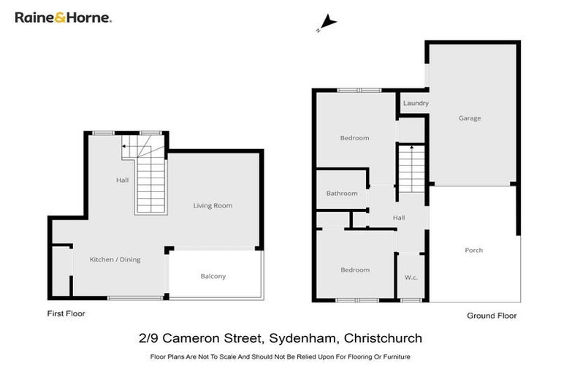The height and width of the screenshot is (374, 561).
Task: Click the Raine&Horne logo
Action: pos(64,17)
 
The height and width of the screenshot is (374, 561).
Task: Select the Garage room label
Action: pos(470,118)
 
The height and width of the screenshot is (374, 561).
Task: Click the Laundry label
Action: pos(416,103)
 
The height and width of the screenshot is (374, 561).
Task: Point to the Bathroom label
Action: pos(342,194)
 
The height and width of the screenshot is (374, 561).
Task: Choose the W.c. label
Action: pos(411,277)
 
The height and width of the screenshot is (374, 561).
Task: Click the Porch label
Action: pos(474,250)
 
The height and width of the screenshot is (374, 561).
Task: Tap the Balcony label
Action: pos(213,276)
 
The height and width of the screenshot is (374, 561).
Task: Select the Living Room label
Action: pos(213,205)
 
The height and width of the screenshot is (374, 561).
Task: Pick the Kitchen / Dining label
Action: pos(115,259)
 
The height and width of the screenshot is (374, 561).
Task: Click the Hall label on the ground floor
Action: pos(399,218)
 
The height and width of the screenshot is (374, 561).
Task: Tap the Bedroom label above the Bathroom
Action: pos(355,138)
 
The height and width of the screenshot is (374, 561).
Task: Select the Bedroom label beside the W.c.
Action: pos(355,270)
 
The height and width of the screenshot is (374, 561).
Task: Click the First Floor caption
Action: pos(66,313)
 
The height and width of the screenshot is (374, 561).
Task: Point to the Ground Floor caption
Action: pos(492,316)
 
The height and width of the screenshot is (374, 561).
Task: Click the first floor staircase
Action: pos(150,179)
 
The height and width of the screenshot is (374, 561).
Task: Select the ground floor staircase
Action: pos(411,168)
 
